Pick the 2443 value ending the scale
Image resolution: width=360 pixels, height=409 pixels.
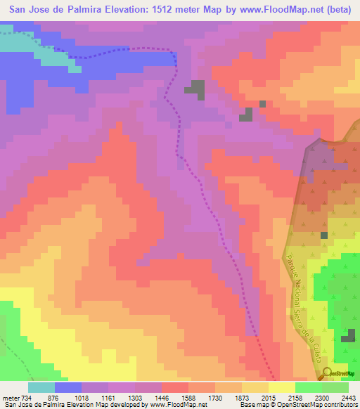349,397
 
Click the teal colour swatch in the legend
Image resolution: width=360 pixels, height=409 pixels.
41,387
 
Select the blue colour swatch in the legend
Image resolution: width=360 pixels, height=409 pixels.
68,387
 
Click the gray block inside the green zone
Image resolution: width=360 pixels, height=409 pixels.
347,339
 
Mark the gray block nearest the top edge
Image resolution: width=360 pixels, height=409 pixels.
195,89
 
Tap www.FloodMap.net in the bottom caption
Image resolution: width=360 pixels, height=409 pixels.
176,405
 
